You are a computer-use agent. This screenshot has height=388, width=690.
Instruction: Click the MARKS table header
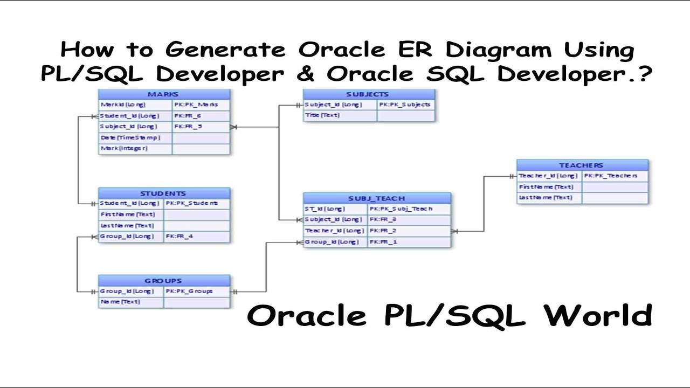163,94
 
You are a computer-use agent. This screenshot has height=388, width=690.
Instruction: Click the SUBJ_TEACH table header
376,198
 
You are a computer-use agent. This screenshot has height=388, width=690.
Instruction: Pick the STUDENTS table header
163,193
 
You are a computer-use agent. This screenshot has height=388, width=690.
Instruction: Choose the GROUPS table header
163,281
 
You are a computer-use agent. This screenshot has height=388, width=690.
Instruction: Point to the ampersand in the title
305,74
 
